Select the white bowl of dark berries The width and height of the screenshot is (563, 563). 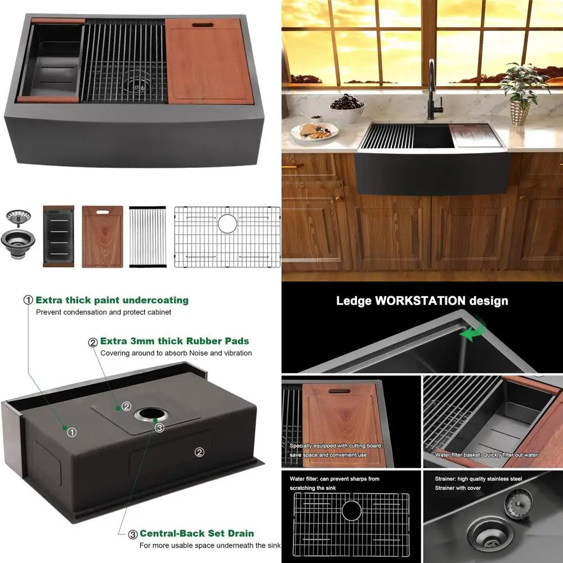click(x=347, y=107)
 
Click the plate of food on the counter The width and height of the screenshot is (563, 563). click(x=314, y=131)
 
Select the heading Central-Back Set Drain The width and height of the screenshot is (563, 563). click(x=196, y=533)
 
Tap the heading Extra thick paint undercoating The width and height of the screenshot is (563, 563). click(x=112, y=300)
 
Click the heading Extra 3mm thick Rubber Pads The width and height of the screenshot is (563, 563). click(x=175, y=341)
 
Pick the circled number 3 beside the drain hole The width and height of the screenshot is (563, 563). click(x=160, y=428)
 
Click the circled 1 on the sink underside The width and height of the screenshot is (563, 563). click(x=72, y=432)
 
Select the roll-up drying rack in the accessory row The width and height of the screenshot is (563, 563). click(x=148, y=236)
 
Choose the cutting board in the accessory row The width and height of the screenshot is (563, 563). click(x=102, y=236)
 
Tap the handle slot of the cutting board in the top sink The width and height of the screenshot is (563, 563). click(x=201, y=26)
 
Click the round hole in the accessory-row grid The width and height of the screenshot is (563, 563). click(x=227, y=223)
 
